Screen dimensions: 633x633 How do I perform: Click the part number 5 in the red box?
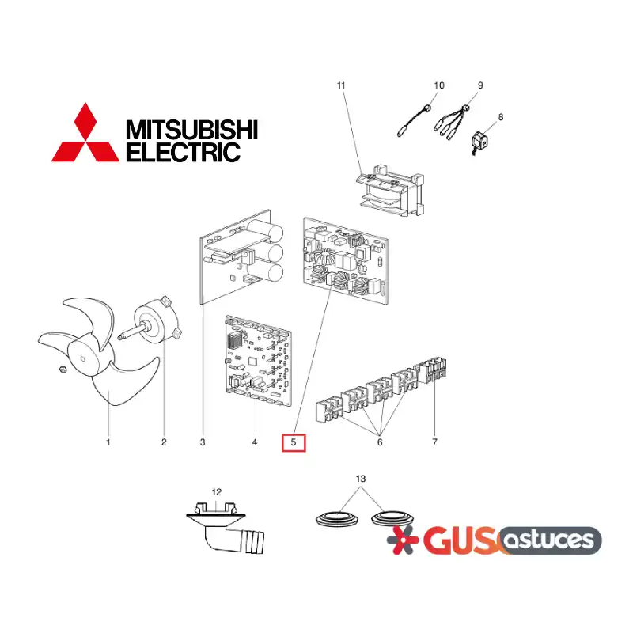[x=294, y=442]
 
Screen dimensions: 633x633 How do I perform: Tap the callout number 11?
[x=341, y=85]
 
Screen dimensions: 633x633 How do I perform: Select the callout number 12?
[x=217, y=492]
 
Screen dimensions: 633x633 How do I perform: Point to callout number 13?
[x=361, y=479]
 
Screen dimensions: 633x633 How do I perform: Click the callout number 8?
[x=501, y=117]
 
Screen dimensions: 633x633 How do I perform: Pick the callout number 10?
[x=439, y=85]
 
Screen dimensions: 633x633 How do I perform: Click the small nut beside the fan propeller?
[x=63, y=369]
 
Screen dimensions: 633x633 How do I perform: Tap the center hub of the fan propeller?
[x=83, y=358]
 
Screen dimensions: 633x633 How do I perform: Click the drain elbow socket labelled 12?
[x=225, y=526]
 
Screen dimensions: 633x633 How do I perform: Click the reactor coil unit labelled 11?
[x=390, y=190]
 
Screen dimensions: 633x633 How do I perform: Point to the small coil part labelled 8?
[x=479, y=142]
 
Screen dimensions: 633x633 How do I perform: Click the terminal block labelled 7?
[x=432, y=370]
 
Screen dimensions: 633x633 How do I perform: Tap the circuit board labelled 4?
[x=258, y=362]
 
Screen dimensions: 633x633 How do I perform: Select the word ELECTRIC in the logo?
[x=184, y=152]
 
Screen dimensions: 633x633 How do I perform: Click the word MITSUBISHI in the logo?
[x=191, y=130]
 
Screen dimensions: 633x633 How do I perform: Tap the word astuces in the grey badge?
[x=549, y=540]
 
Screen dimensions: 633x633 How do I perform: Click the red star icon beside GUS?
[x=403, y=540]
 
